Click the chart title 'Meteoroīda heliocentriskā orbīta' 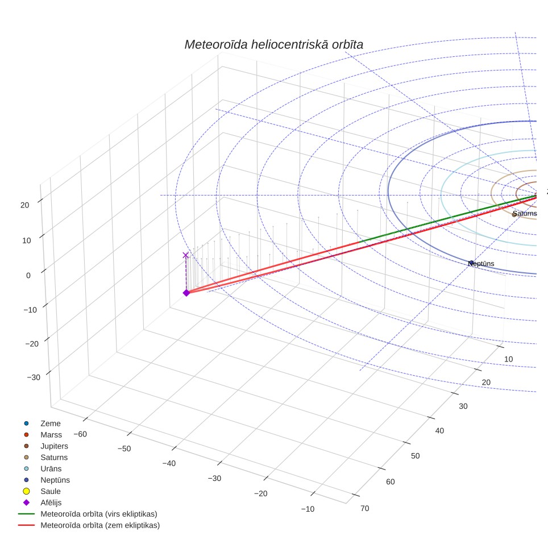[273, 45]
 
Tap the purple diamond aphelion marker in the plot [186, 293]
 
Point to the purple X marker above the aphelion [185, 255]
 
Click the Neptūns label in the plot [481, 264]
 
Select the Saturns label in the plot [525, 214]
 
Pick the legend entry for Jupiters [46, 446]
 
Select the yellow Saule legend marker [26, 491]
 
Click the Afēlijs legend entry [42, 503]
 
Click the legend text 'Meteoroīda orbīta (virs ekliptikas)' [99, 514]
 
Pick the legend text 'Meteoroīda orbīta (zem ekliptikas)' [100, 525]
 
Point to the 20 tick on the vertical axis [25, 205]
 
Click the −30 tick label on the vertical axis [34, 377]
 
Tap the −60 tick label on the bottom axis [80, 434]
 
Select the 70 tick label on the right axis [364, 509]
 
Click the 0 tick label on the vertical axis [28, 275]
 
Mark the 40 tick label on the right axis [439, 431]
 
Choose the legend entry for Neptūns [47, 480]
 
